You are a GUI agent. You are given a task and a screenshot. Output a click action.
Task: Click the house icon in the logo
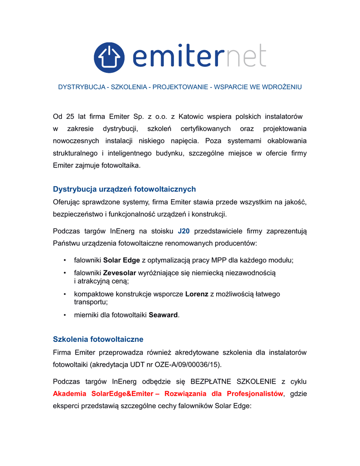click(x=109, y=57)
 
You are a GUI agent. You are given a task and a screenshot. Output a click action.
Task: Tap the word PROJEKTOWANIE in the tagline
click(x=180, y=87)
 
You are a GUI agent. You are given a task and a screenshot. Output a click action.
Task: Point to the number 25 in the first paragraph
click(x=70, y=117)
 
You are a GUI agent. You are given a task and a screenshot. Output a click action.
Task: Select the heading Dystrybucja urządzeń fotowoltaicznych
click(x=124, y=189)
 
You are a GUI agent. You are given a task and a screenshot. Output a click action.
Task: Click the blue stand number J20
click(x=184, y=231)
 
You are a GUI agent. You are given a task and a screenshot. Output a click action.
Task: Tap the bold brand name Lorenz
click(x=197, y=294)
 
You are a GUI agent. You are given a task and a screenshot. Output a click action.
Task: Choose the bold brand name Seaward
click(x=163, y=315)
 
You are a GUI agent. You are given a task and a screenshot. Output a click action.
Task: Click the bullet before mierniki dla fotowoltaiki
click(x=65, y=315)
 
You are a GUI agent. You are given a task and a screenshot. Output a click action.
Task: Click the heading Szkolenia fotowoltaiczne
click(x=98, y=339)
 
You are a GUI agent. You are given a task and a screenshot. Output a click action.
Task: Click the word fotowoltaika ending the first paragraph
click(x=121, y=166)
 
